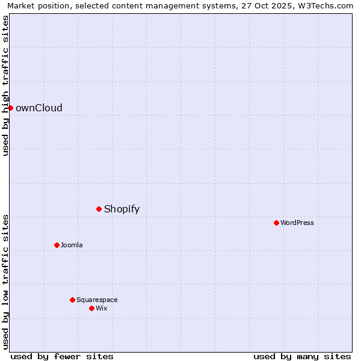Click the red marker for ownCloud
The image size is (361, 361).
pyautogui.click(x=10, y=108)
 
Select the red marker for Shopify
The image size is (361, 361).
pyautogui.click(x=99, y=209)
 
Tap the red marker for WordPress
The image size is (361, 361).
pyautogui.click(x=276, y=223)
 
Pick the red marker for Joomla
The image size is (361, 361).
pyautogui.click(x=57, y=245)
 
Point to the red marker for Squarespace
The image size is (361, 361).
pyautogui.click(x=72, y=300)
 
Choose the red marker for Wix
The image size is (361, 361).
pyautogui.click(x=91, y=308)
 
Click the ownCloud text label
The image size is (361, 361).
pyautogui.click(x=39, y=108)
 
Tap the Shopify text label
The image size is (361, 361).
pyautogui.click(x=122, y=209)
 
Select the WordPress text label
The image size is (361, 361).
pyautogui.click(x=297, y=223)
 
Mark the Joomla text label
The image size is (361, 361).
pyautogui.click(x=72, y=245)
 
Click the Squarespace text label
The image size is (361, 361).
pyautogui.click(x=97, y=300)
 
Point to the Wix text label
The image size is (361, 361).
pyautogui.click(x=102, y=309)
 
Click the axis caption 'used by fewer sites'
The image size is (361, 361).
pyautogui.click(x=62, y=356)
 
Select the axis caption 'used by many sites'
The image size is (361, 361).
pyautogui.click(x=302, y=356)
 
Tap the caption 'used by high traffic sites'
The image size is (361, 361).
pyautogui.click(x=6, y=85)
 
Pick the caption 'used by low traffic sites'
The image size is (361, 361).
pyautogui.click(x=6, y=281)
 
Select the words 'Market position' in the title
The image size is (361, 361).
pyautogui.click(x=35, y=6)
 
